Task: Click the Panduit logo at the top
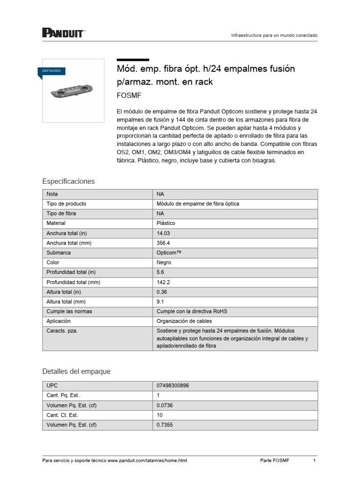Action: [x=63, y=32]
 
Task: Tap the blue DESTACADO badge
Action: [x=52, y=71]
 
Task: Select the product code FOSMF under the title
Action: [x=129, y=96]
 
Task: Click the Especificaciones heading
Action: [x=68, y=181]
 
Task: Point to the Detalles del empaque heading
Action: [x=76, y=371]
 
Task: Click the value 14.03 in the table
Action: [x=163, y=233]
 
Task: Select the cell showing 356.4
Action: [x=163, y=243]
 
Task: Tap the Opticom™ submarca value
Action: [x=169, y=253]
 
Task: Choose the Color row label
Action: [x=52, y=262]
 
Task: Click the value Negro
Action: [x=164, y=262]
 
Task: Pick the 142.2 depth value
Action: [x=163, y=282]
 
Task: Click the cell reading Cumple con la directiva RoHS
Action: [x=192, y=312]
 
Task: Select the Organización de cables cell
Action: [x=184, y=321]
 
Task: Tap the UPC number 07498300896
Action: [x=173, y=386]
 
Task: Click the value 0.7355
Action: [x=165, y=425]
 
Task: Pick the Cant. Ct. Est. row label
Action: [x=62, y=415]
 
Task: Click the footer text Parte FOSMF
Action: [x=275, y=461]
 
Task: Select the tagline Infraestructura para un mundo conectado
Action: [x=275, y=36]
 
